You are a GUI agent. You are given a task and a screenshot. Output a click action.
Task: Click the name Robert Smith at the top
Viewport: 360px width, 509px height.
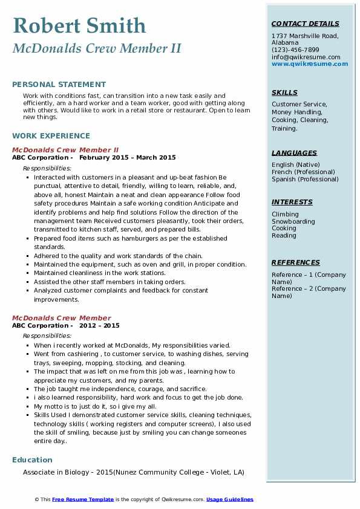click(79, 25)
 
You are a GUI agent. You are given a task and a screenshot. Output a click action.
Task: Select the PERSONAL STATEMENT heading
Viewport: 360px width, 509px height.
click(59, 85)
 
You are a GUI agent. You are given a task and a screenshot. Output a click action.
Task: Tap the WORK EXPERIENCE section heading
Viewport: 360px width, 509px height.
click(51, 136)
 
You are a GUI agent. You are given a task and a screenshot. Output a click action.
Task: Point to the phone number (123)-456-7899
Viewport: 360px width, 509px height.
click(295, 50)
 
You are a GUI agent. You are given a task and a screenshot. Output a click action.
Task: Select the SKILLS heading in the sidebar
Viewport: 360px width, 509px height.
click(284, 92)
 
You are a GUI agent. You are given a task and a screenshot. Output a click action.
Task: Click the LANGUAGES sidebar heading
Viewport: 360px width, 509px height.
click(294, 153)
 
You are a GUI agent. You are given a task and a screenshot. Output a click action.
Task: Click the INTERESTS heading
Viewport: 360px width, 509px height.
click(292, 202)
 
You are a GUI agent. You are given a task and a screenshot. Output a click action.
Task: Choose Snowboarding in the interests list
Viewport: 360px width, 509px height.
click(293, 221)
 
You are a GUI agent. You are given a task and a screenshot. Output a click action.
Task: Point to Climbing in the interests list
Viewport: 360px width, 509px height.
click(285, 214)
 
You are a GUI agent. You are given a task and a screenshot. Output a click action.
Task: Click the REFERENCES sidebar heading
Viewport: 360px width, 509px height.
click(295, 262)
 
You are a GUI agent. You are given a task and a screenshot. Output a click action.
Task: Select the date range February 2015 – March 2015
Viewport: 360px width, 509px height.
click(127, 158)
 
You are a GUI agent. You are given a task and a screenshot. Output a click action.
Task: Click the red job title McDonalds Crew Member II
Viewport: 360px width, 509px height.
click(65, 150)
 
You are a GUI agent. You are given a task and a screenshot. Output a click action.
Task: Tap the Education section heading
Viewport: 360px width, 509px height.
click(32, 460)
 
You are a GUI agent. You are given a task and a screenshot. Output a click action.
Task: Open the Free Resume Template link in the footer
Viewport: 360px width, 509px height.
click(83, 499)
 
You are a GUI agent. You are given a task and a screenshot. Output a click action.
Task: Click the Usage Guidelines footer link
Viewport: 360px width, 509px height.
click(229, 499)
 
